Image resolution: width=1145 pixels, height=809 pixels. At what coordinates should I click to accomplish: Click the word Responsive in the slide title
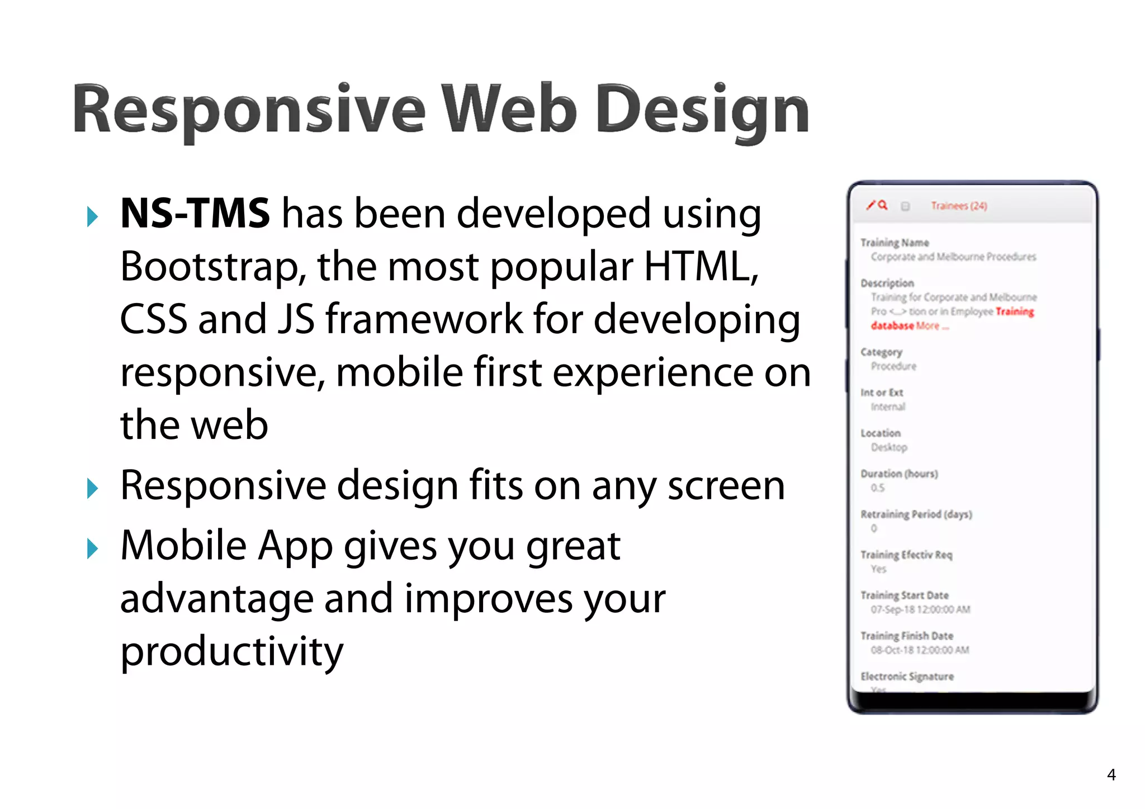coord(249,110)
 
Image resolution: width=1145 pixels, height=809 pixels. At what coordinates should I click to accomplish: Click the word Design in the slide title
coord(702,110)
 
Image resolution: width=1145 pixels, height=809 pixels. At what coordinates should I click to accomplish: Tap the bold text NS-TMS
coord(195,214)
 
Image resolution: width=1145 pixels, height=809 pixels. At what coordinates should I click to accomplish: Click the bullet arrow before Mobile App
coord(93,548)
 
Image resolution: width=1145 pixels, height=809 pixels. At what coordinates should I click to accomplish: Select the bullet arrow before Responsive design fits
coord(93,488)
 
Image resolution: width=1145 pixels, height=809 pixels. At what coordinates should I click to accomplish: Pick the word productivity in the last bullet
coord(231,651)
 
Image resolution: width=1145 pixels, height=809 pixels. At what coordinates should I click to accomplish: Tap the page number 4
coord(1111,774)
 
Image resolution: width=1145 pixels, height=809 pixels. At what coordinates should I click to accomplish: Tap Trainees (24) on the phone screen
coord(958,206)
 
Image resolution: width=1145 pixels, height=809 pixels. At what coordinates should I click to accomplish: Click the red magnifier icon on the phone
coord(883,205)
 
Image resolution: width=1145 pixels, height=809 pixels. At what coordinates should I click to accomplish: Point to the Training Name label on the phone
coord(894,243)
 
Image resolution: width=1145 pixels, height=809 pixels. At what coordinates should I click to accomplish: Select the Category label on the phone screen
coord(881,352)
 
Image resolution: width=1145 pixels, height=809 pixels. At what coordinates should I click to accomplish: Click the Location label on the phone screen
coord(880,433)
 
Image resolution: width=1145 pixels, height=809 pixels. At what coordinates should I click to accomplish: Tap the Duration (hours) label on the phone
coord(898,474)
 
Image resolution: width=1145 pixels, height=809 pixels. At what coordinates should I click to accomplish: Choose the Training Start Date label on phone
coord(904,595)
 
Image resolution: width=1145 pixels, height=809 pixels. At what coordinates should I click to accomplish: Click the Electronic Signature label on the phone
coord(906,676)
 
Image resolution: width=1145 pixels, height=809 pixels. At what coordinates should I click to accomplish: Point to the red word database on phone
coord(892,326)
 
